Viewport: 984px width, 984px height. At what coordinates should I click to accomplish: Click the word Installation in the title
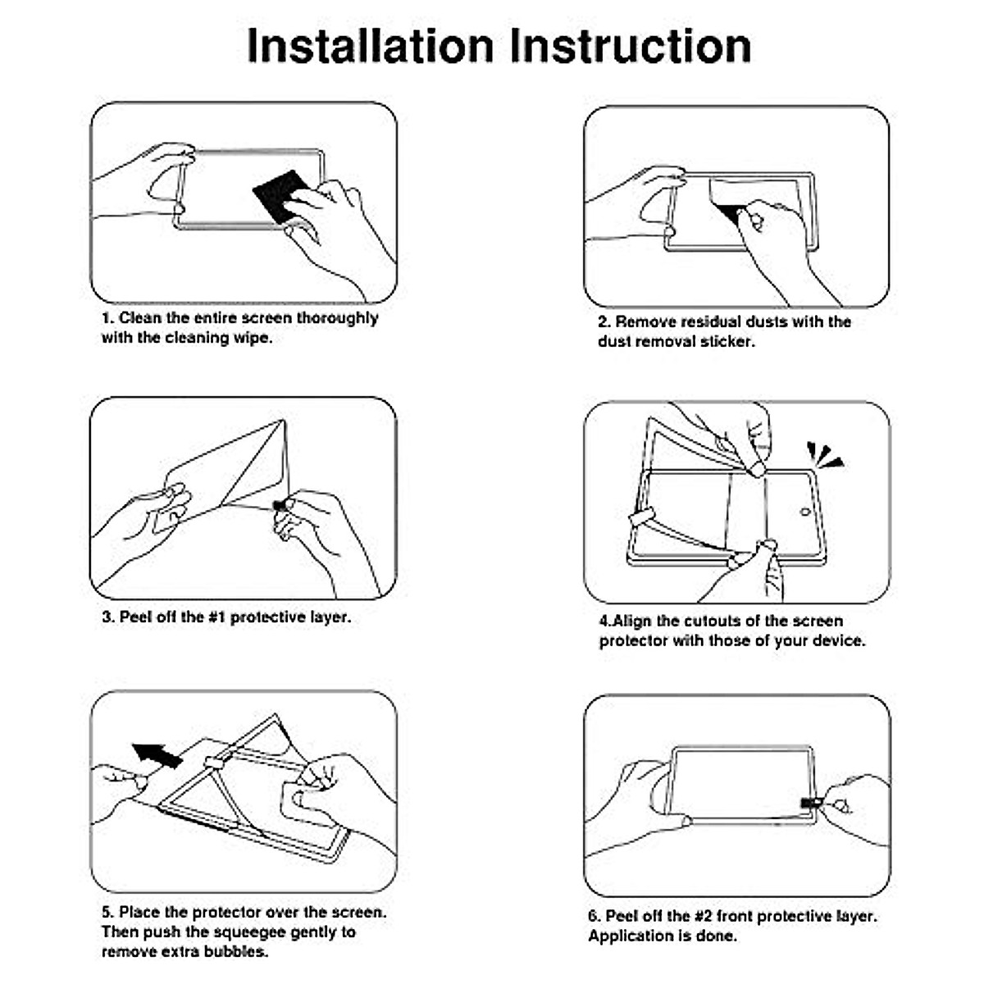(370, 46)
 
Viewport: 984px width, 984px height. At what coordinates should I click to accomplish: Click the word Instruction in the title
(630, 46)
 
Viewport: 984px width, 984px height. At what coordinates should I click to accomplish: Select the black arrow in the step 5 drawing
(157, 755)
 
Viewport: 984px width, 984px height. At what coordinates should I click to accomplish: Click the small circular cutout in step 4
(805, 511)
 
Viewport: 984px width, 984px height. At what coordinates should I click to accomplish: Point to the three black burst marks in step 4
(824, 455)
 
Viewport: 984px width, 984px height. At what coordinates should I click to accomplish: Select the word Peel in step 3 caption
(134, 617)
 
